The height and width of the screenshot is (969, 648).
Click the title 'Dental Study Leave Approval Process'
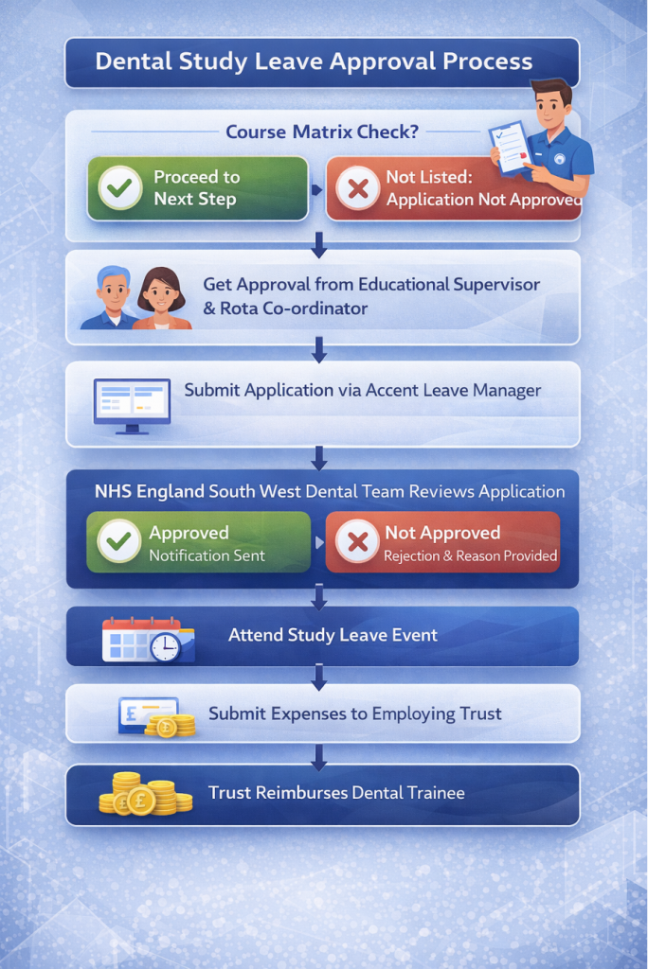pyautogui.click(x=314, y=62)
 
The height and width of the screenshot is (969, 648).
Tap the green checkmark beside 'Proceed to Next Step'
pyautogui.click(x=120, y=187)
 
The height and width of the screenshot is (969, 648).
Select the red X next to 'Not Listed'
pyautogui.click(x=358, y=188)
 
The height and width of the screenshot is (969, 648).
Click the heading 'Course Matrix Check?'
pyautogui.click(x=322, y=132)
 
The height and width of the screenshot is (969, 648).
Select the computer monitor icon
pyautogui.click(x=132, y=405)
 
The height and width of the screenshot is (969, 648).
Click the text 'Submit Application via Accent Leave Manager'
pyautogui.click(x=362, y=391)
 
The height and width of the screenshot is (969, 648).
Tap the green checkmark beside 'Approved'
pyautogui.click(x=118, y=540)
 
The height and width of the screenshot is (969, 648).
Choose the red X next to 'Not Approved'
pyautogui.click(x=357, y=542)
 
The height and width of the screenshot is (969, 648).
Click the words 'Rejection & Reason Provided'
pyautogui.click(x=471, y=556)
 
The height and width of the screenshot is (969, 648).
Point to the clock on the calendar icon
pyautogui.click(x=165, y=647)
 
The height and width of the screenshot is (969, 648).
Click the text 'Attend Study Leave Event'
pyautogui.click(x=333, y=635)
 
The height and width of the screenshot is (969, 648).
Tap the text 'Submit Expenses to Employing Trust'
pyautogui.click(x=354, y=714)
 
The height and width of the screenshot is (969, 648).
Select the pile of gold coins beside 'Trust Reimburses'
pyautogui.click(x=146, y=794)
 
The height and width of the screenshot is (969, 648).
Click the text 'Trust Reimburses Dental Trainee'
pyautogui.click(x=336, y=793)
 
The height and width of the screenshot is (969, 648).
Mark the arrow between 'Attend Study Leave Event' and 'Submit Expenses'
pyautogui.click(x=318, y=677)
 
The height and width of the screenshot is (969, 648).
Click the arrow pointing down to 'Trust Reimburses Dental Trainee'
pyautogui.click(x=318, y=757)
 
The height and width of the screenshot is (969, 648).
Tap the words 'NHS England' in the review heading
pyautogui.click(x=149, y=492)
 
